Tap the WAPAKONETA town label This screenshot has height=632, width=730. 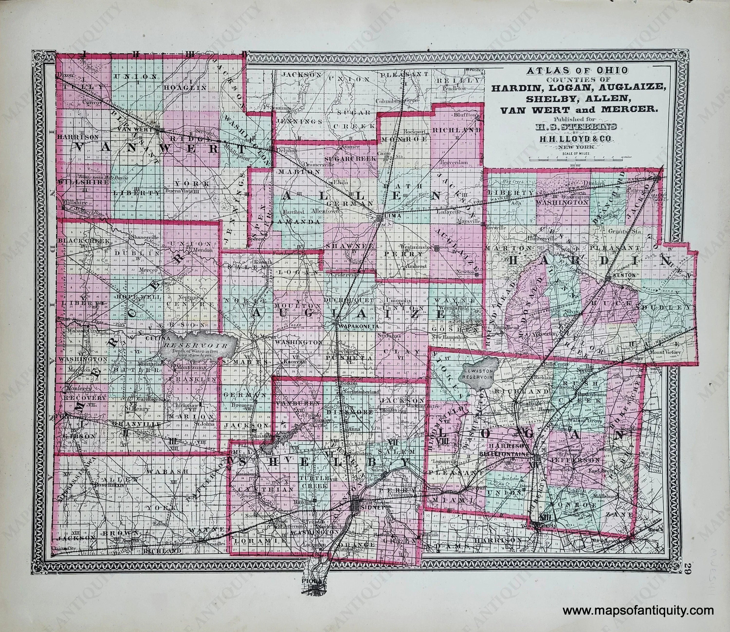[x=357, y=326]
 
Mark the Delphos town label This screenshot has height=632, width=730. [x=288, y=149]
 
